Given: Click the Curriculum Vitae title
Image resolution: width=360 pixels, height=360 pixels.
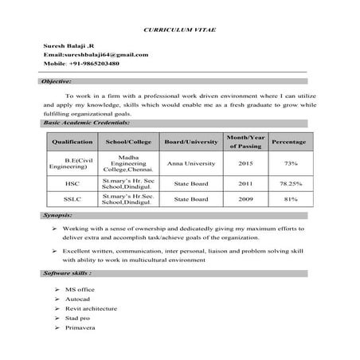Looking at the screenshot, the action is [179, 27].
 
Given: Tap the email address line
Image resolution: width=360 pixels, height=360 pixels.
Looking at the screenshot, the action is [96, 54].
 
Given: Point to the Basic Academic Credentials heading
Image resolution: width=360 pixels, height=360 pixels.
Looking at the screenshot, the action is [87, 123].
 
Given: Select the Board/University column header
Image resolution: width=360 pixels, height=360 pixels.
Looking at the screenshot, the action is [190, 142].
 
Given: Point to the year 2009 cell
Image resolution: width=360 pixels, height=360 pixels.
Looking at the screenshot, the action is [245, 199].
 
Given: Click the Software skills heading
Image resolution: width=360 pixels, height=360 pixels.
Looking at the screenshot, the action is [66, 272].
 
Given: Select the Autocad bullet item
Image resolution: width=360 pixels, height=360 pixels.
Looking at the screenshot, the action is [79, 298].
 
